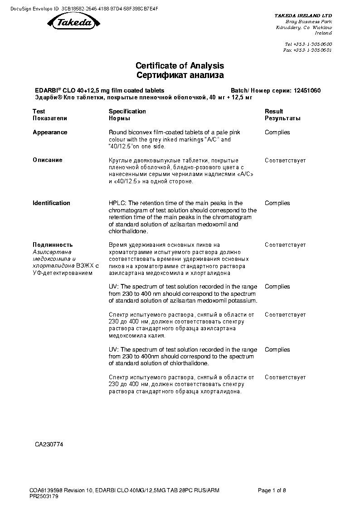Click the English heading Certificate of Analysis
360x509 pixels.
pyautogui.click(x=180, y=66)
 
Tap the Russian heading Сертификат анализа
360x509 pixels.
pyautogui.click(x=180, y=75)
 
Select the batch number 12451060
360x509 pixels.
pyautogui.click(x=307, y=90)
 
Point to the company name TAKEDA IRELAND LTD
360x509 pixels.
pyautogui.click(x=303, y=15)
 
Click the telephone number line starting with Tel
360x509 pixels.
pyautogui.click(x=308, y=44)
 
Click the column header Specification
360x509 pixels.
pyautogui.click(x=127, y=111)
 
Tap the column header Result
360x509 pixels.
pyautogui.click(x=274, y=111)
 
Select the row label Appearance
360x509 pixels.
pyautogui.click(x=50, y=132)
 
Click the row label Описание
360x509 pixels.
pyautogui.click(x=48, y=160)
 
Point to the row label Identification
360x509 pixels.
pyautogui.click(x=51, y=203)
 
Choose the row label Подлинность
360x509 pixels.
pyautogui.click(x=53, y=245)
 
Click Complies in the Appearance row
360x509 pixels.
pyautogui.click(x=277, y=132)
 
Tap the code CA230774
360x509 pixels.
pyautogui.click(x=49, y=445)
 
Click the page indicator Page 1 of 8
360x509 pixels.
pyautogui.click(x=272, y=490)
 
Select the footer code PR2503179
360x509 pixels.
pyautogui.click(x=44, y=496)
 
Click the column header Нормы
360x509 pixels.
pyautogui.click(x=120, y=118)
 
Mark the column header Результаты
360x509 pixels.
pyautogui.click(x=282, y=118)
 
